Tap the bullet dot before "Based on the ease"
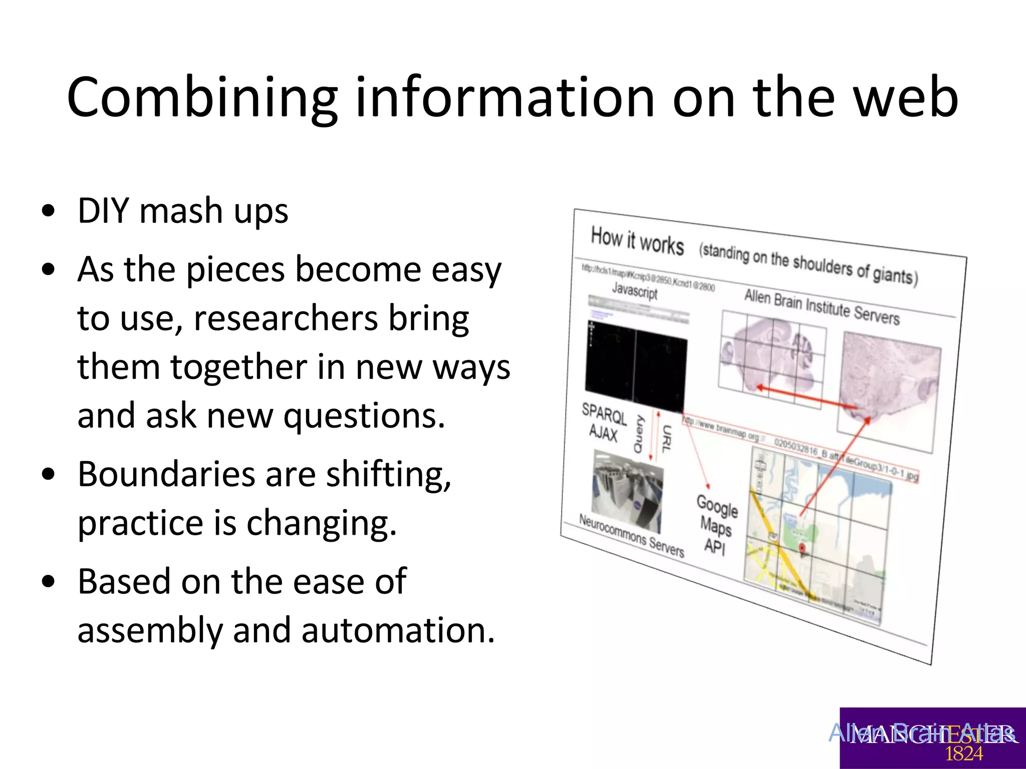[x=49, y=582]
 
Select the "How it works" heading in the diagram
[x=637, y=240]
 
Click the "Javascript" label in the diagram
[x=634, y=290]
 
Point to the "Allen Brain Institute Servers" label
[x=822, y=306]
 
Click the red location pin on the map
[x=802, y=548]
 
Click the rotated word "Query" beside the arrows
[x=639, y=434]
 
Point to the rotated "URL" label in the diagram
[x=666, y=439]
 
